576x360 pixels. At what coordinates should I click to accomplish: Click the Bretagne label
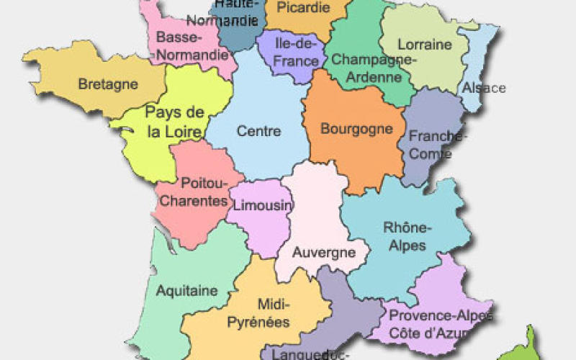click(x=107, y=84)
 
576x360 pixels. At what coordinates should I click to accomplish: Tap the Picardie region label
click(x=303, y=8)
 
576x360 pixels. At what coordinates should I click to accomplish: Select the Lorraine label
click(x=425, y=45)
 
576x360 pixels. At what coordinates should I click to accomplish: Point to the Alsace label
click(x=484, y=88)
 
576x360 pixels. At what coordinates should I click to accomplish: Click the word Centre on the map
click(x=258, y=131)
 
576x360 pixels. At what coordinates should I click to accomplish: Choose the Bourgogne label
click(x=357, y=130)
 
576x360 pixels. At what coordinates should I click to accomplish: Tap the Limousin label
click(x=263, y=206)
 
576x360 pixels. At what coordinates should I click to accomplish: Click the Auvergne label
click(x=324, y=252)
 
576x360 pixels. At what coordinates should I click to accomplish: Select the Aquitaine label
click(x=186, y=291)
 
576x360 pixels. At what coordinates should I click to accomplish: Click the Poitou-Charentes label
click(x=193, y=192)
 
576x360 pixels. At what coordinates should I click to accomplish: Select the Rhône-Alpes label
click(x=407, y=237)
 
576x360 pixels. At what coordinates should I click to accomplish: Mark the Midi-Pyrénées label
click(x=258, y=313)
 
